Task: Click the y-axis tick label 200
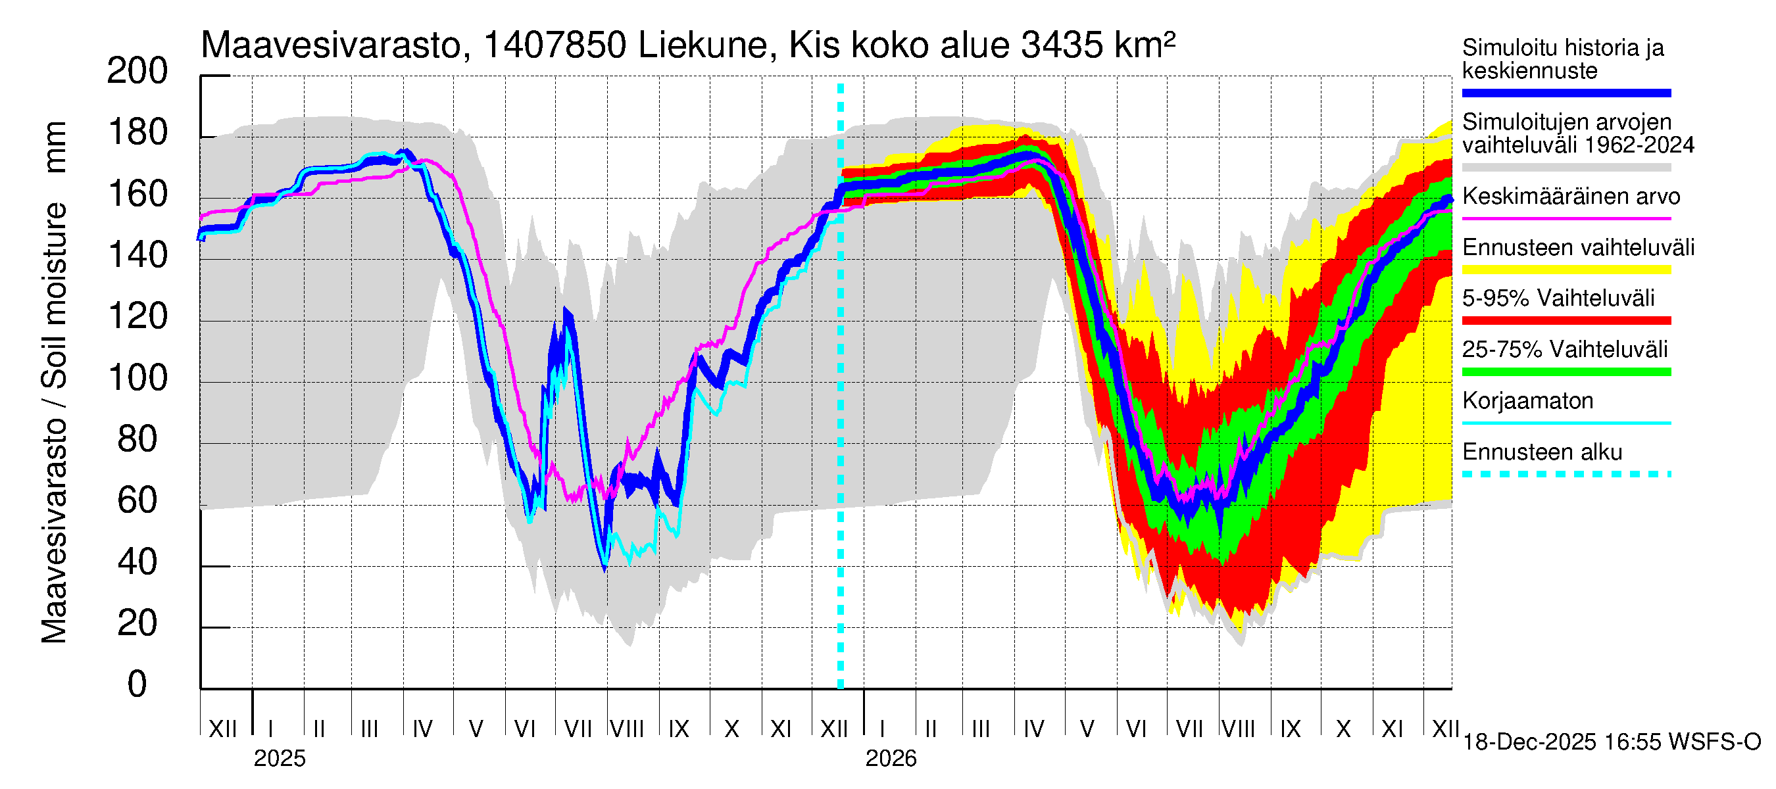click(x=137, y=71)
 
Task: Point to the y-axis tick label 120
click(x=137, y=317)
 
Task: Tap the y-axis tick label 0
click(x=137, y=684)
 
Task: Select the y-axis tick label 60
click(x=137, y=501)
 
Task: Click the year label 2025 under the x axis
click(x=279, y=759)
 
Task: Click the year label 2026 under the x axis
click(x=891, y=759)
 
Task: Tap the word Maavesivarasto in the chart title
click(x=331, y=46)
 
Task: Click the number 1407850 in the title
click(x=555, y=46)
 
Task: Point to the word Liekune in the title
click(x=703, y=46)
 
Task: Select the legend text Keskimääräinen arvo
click(x=1571, y=197)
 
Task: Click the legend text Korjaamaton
click(x=1528, y=401)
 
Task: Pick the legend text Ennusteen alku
click(x=1542, y=452)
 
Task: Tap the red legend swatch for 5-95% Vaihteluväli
click(x=1566, y=320)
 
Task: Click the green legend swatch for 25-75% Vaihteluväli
click(x=1566, y=372)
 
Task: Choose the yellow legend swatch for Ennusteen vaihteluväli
click(x=1566, y=270)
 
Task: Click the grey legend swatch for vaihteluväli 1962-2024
click(x=1566, y=168)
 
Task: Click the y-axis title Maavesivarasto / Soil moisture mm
click(x=55, y=383)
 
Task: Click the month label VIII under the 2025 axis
click(x=628, y=729)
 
